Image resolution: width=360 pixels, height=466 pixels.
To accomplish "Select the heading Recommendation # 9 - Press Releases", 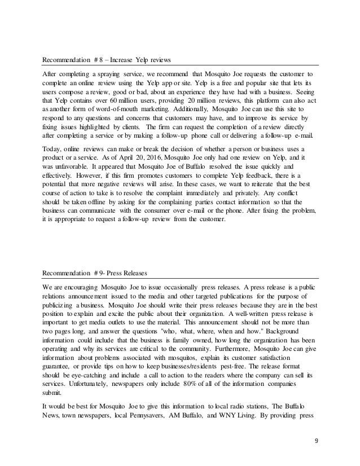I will [95, 274].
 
